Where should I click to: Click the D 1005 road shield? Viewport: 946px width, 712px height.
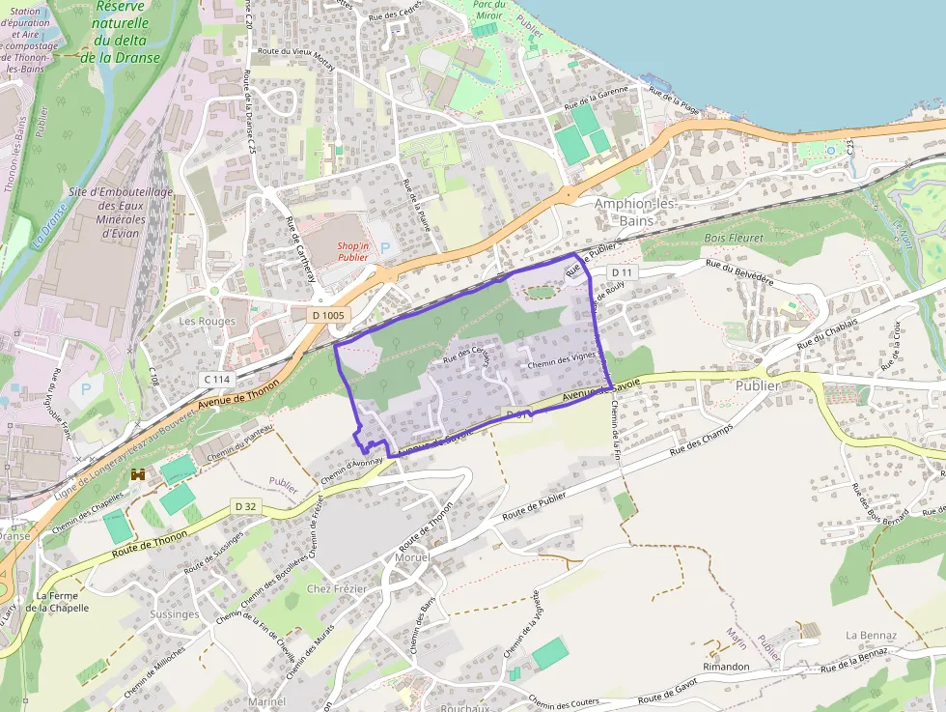point(327,315)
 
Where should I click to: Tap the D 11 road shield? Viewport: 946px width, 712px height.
point(623,273)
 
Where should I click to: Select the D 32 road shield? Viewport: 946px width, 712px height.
point(246,506)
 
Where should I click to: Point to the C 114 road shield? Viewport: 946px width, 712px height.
point(216,379)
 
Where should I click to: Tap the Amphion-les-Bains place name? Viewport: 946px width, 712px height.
point(635,213)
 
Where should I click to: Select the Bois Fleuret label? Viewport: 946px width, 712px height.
point(734,238)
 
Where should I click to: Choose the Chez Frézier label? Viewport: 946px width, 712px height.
point(331,588)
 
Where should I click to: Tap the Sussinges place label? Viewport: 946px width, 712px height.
point(176,613)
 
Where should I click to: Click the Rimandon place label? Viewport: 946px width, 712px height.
point(727,667)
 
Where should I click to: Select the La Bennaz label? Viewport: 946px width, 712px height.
point(871,635)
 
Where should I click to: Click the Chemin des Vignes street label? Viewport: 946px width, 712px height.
point(562,362)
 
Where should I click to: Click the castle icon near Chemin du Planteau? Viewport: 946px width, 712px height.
point(138,474)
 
